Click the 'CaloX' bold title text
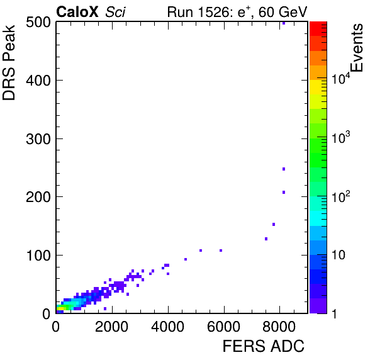click(x=77, y=12)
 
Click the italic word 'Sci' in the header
click(x=115, y=12)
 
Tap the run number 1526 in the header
click(x=214, y=12)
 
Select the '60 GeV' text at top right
click(x=283, y=12)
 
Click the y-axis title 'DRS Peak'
click(x=9, y=62)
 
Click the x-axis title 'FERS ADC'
click(x=263, y=346)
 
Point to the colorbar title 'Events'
click(x=356, y=48)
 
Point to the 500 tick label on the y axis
click(x=38, y=23)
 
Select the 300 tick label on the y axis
click(x=38, y=138)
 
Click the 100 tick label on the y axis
click(x=38, y=256)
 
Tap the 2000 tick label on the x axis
click(x=112, y=326)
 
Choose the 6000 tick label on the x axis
click(x=223, y=326)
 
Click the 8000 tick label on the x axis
click(x=279, y=326)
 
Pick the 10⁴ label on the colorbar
click(x=341, y=78)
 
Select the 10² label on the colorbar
click(x=341, y=196)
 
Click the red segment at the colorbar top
click(x=318, y=29)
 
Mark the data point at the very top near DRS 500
click(x=284, y=23)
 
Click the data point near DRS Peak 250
click(x=284, y=169)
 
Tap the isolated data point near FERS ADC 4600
click(x=186, y=259)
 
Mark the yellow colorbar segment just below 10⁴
click(x=318, y=87)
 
